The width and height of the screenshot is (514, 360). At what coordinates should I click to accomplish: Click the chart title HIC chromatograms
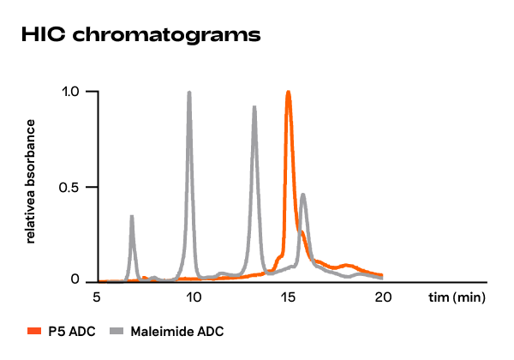(140, 35)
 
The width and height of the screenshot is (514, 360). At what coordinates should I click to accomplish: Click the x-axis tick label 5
(97, 298)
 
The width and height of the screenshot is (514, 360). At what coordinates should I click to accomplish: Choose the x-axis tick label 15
(289, 298)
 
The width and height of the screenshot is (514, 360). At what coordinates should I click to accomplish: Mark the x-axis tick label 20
(384, 298)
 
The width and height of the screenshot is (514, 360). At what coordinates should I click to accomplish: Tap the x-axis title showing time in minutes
(457, 298)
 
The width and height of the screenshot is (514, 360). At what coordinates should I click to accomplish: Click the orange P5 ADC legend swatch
(35, 330)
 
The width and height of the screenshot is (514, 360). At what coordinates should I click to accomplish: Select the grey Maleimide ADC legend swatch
(117, 330)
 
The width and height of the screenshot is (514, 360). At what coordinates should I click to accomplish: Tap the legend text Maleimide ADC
(177, 330)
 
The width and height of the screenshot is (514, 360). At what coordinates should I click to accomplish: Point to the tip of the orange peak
(289, 92)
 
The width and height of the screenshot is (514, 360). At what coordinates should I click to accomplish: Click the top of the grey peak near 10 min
(189, 93)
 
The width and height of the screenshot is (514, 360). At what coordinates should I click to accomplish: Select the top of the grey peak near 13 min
(254, 107)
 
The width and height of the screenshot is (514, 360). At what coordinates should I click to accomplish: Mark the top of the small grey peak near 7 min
(132, 216)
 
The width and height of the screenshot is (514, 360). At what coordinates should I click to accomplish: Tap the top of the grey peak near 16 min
(303, 195)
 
